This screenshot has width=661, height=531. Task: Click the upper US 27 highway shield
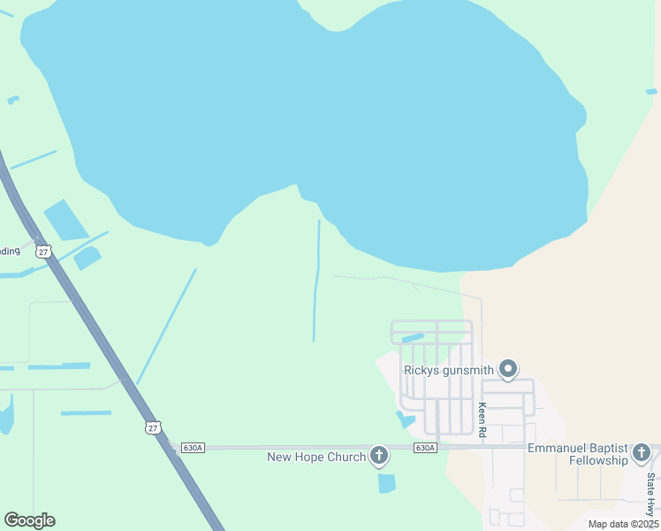tap(44, 252)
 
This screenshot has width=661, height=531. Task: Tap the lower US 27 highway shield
tap(154, 427)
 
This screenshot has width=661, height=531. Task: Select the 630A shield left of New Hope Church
tap(193, 448)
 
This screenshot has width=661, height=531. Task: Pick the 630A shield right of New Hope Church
tap(425, 448)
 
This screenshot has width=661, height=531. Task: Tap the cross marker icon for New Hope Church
tap(379, 456)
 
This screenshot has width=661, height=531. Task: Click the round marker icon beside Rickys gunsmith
tap(508, 368)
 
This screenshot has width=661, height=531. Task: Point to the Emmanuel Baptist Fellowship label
tap(578, 455)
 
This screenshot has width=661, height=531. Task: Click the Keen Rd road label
tap(482, 419)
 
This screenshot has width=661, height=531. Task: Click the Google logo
tap(29, 520)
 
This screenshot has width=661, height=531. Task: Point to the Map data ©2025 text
tap(622, 524)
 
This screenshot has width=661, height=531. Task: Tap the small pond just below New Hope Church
tap(386, 483)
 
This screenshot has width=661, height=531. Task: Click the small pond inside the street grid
tap(413, 337)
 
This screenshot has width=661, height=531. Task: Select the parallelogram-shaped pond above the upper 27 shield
tap(65, 220)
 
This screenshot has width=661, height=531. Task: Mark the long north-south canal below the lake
tap(316, 281)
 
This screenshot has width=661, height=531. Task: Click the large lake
tap(309, 115)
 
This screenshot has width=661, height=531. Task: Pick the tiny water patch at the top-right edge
tap(651, 91)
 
